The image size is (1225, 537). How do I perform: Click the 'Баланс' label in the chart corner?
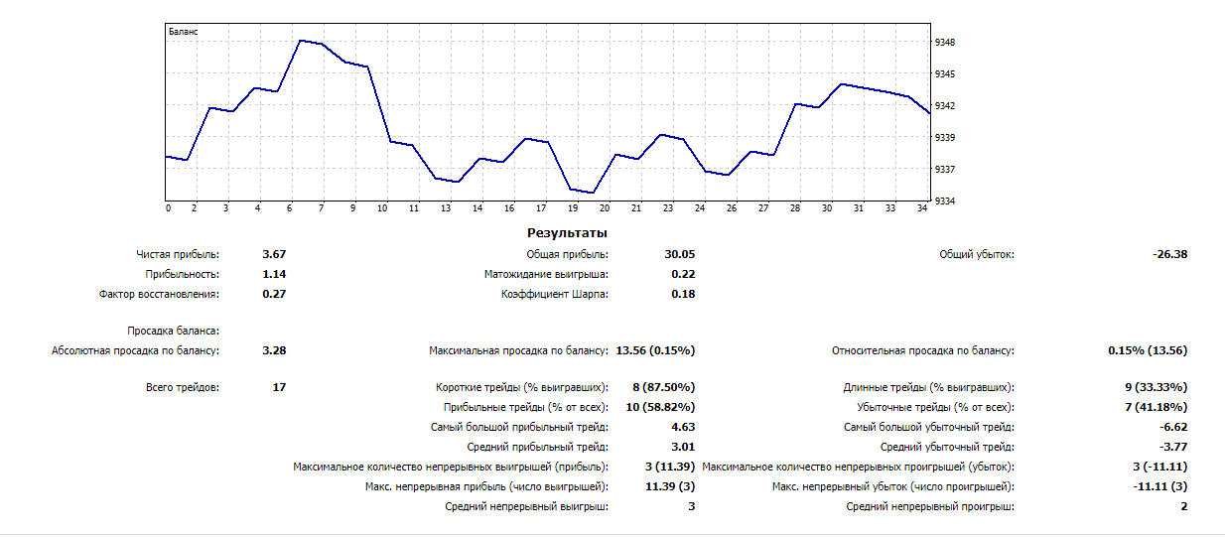coord(183,32)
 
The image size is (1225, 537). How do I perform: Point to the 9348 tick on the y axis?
coord(944,43)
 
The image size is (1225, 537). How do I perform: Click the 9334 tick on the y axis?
coord(944,201)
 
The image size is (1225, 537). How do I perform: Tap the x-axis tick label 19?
coord(573,208)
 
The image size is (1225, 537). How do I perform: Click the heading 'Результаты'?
coord(567,233)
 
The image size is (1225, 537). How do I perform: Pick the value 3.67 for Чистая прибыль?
coord(274,255)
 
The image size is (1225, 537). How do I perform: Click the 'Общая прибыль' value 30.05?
coord(679,255)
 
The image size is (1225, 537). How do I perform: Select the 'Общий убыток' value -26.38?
coord(1169,255)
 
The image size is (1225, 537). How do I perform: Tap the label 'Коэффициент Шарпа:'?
coord(555,295)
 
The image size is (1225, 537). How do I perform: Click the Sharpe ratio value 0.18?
coord(683,295)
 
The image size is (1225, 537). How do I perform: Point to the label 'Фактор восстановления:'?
coord(159,295)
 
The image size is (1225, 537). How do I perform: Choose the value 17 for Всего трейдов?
coord(279,388)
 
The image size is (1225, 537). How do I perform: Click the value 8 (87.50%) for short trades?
coord(662,388)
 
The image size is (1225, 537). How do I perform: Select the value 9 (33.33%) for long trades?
coord(1154,388)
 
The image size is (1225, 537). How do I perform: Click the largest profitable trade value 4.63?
coord(683,428)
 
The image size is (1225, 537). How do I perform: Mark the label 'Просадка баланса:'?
coord(173,332)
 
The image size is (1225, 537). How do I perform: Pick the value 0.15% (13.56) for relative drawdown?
coord(1148,350)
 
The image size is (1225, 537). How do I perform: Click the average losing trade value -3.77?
coord(1172,448)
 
